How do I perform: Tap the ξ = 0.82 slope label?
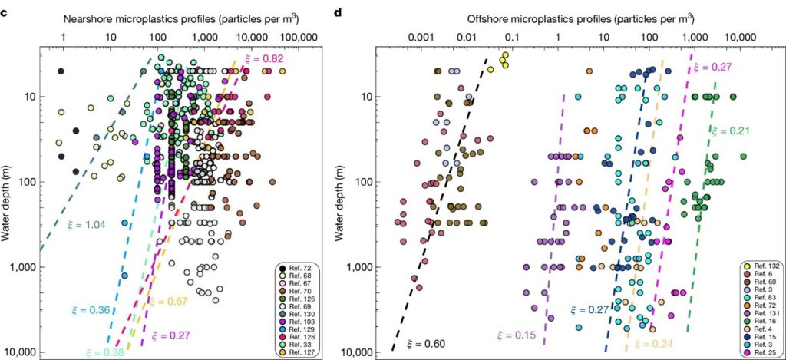click(x=261, y=60)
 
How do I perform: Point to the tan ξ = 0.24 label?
click(x=649, y=343)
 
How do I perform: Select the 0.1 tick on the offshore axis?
click(x=512, y=36)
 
